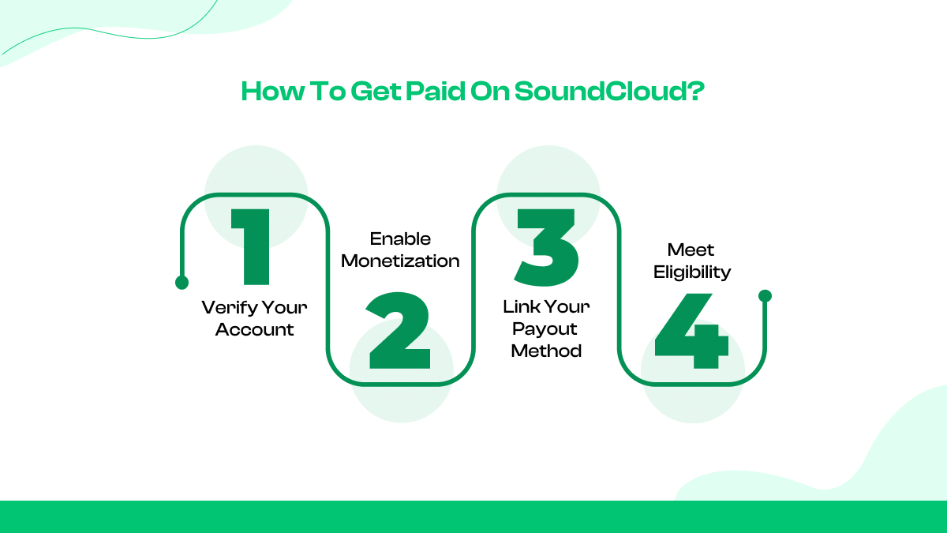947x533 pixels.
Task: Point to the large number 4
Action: point(691,332)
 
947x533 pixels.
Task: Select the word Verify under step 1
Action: point(226,307)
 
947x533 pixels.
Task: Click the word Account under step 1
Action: point(254,329)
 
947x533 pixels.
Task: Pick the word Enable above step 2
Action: point(400,238)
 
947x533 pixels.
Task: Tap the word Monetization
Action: point(400,261)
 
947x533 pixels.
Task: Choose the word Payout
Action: point(545,328)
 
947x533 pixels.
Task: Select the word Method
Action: point(546,351)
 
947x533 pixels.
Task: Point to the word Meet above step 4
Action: point(691,250)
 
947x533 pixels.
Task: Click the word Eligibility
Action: point(691,272)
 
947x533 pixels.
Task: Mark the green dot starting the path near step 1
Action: point(182,283)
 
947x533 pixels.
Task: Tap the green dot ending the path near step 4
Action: point(764,296)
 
